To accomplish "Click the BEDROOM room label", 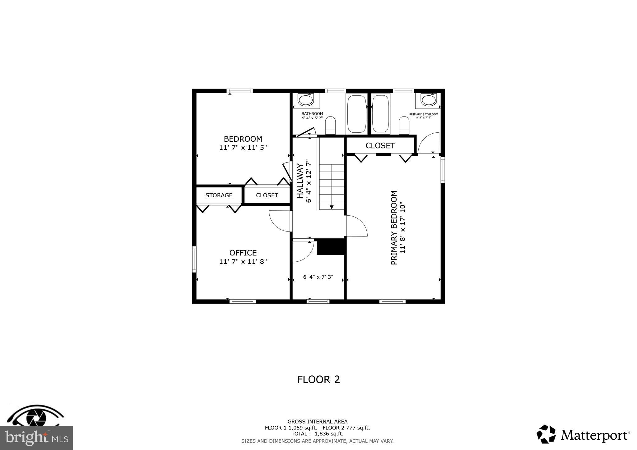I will click(x=243, y=139).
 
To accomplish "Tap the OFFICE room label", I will click(x=243, y=253).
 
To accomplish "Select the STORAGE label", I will click(x=219, y=195).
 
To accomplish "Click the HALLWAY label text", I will click(x=300, y=181).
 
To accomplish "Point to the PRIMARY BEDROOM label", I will click(x=394, y=227).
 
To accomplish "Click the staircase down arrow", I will click(x=332, y=206).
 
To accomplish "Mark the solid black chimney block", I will click(x=331, y=247).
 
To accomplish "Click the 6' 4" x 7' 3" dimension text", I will click(x=318, y=277).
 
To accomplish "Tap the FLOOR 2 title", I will click(x=318, y=379).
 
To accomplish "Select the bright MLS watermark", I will click(x=36, y=438).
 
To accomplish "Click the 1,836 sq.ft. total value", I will click(x=329, y=434).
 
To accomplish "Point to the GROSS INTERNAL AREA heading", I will click(x=317, y=422).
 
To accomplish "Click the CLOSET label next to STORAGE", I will click(x=267, y=195).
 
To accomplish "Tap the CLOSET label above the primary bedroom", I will click(x=380, y=146).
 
